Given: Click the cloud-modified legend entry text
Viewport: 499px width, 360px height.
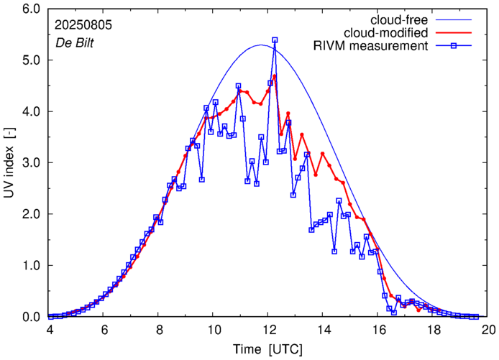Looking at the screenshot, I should [387, 33].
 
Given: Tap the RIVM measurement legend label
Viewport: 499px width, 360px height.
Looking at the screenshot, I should [371, 47].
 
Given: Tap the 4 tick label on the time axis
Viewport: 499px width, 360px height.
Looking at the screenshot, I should [50, 330].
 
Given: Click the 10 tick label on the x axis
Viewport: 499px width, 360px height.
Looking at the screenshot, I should [214, 330].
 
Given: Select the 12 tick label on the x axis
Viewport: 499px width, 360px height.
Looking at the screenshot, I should [269, 330].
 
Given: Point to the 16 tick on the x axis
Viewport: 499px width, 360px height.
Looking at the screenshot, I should [379, 330].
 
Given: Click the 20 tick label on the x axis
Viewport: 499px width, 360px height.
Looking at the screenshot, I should [488, 330].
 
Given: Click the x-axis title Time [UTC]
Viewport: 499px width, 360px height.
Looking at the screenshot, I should [269, 349].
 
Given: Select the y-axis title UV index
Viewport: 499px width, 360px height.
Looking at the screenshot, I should [9, 163].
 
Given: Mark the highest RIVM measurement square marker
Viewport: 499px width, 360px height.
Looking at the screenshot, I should [275, 40].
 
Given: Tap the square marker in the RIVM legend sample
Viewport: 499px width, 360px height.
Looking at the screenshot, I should [457, 47].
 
